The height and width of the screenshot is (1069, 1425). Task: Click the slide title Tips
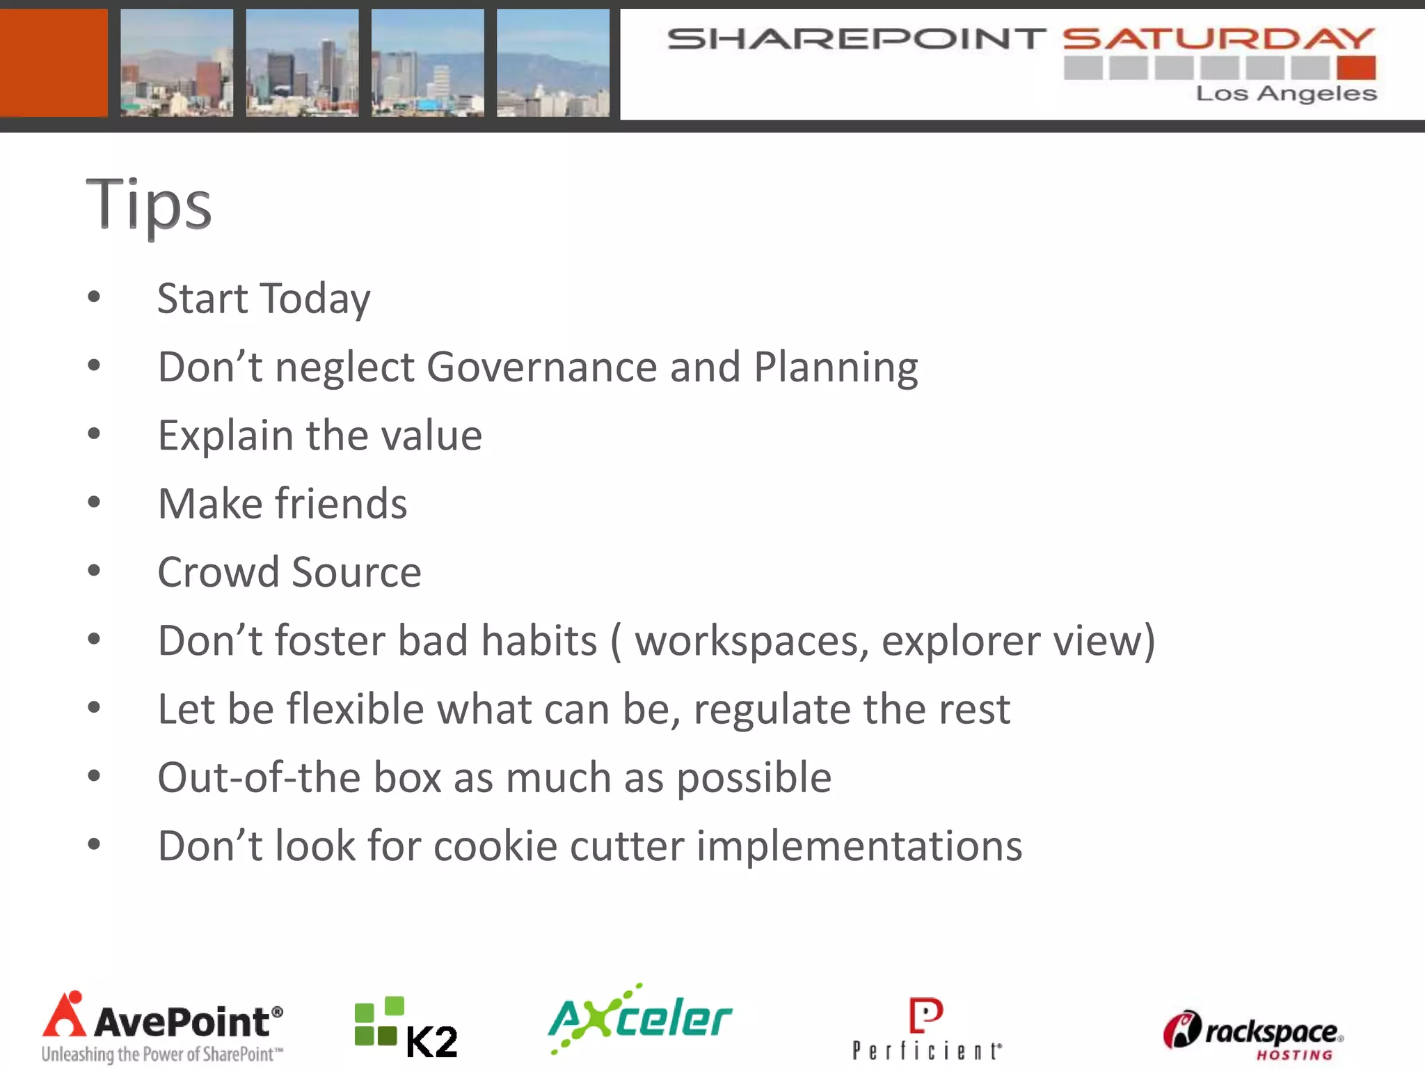coord(148,203)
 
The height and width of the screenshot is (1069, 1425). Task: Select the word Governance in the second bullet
coord(541,367)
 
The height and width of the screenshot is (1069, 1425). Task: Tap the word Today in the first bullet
coord(315,299)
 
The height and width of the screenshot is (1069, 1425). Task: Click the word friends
coord(341,503)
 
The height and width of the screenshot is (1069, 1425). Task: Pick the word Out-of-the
coord(259,777)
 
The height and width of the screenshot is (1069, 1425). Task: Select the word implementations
coord(859,846)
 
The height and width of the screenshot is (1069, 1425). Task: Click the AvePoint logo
coord(162,1027)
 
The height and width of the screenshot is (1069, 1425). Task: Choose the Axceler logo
coord(640,1019)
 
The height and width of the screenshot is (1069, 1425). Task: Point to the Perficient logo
coord(927,1029)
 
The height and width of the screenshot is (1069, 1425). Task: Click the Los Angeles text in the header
coord(1286,93)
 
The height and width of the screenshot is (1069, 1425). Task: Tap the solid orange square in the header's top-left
coord(54,63)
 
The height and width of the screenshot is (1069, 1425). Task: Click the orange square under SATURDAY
coord(1356,68)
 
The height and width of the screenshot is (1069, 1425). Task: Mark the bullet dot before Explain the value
coord(94,434)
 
